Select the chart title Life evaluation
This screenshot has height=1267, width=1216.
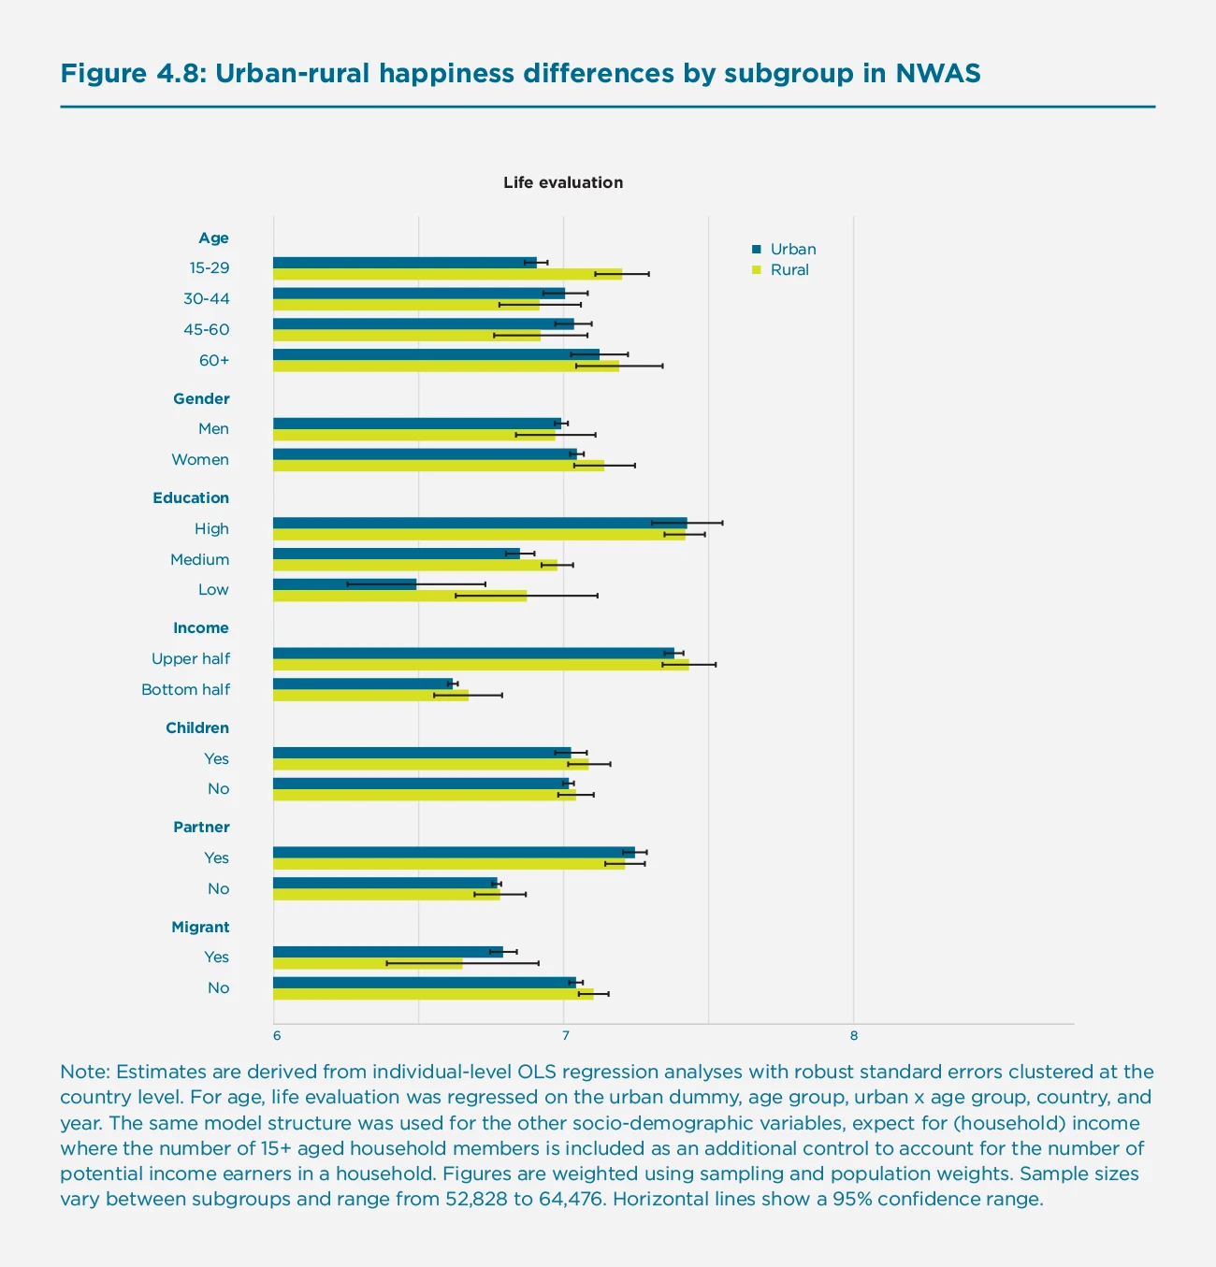563,182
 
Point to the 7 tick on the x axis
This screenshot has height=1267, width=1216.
565,1035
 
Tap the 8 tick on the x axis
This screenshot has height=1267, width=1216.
853,1035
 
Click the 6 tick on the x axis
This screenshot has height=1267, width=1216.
277,1035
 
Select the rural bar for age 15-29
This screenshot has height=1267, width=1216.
447,274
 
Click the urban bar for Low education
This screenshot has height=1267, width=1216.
344,584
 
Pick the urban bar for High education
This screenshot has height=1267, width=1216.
479,523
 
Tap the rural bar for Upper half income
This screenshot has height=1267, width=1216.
480,665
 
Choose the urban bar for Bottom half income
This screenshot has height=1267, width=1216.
362,684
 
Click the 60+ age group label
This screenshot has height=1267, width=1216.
213,361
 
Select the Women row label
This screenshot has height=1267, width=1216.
200,460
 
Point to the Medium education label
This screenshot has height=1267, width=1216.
199,559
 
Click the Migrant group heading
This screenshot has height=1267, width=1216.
200,927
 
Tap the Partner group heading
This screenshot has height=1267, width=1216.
201,828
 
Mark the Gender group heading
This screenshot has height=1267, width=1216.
201,398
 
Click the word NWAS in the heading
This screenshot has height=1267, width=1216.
937,74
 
